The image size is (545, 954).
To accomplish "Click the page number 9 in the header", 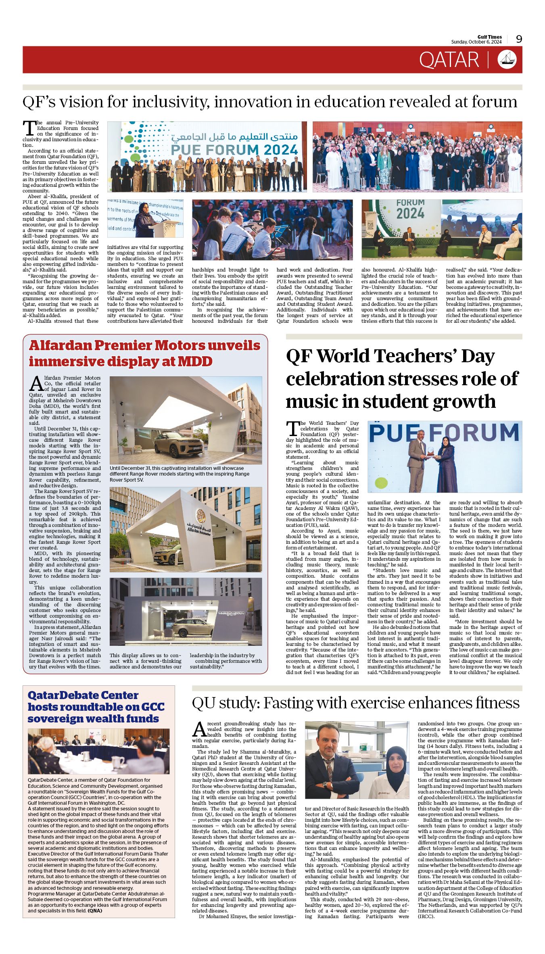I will pos(519,39).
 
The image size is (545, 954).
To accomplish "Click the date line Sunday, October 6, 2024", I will pos(476,42).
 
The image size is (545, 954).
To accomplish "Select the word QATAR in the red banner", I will pos(449,60).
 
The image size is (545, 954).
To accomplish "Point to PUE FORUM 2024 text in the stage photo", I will pos(234,150).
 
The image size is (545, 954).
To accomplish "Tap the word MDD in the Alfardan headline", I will pos(195,361).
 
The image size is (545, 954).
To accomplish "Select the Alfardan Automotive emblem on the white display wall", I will pos(200,516).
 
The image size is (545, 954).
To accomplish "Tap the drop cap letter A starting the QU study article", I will pos(199,729).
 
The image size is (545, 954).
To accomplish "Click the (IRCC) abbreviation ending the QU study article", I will pos(426,916).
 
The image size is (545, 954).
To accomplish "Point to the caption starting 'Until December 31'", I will pos(180,474).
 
